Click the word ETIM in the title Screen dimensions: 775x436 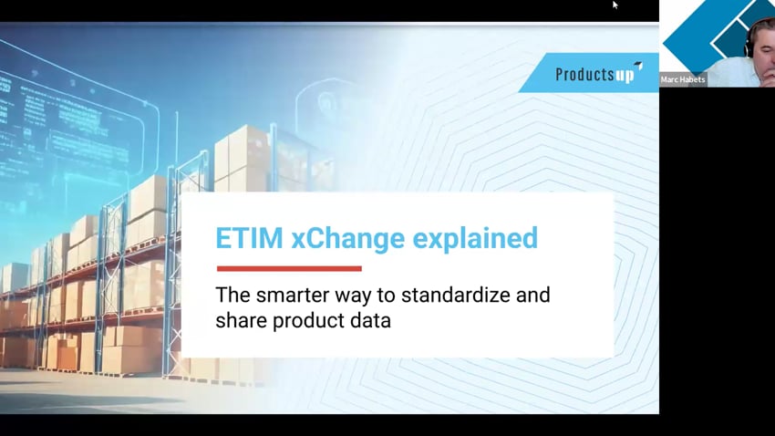[249, 238]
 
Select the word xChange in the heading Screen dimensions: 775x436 [348, 238]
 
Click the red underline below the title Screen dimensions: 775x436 [289, 268]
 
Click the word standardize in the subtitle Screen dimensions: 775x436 [455, 296]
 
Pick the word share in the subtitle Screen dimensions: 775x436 [242, 321]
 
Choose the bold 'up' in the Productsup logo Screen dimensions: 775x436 [625, 76]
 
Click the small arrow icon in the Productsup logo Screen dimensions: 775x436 [638, 66]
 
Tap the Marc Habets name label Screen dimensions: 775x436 [683, 79]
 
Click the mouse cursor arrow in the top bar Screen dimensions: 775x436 [615, 5]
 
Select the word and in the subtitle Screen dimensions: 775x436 [533, 296]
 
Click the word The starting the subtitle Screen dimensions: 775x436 [233, 296]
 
